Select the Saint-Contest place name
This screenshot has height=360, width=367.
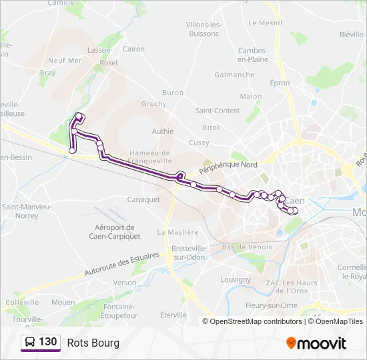click(218, 110)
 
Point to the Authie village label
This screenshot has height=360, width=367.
click(162, 131)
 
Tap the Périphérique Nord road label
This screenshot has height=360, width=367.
click(230, 165)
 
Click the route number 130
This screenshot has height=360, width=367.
click(47, 342)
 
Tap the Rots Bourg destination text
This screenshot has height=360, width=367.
click(93, 343)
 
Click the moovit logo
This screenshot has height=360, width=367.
click(316, 343)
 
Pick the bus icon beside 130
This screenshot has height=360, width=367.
click(30, 343)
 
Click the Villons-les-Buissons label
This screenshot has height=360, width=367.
click(203, 29)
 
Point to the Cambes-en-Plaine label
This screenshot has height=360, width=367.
click(253, 55)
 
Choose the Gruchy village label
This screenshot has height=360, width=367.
click(153, 104)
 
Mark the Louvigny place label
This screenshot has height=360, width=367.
click(235, 279)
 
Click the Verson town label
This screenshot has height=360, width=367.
click(124, 283)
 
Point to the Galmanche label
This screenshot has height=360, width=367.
click(234, 75)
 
